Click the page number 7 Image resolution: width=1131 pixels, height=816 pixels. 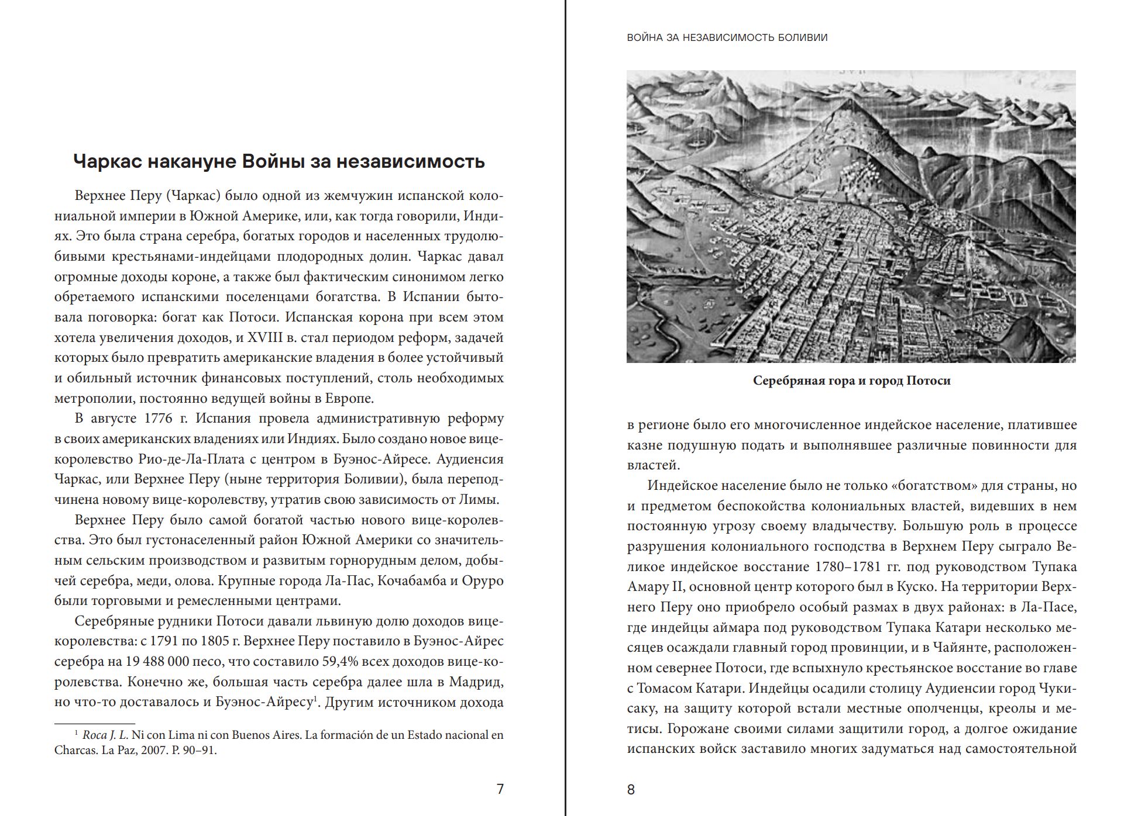[x=500, y=789]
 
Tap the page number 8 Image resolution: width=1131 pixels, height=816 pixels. [x=631, y=790]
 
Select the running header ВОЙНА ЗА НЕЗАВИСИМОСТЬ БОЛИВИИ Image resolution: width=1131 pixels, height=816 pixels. [x=727, y=37]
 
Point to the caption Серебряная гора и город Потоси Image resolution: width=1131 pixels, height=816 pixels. [x=851, y=381]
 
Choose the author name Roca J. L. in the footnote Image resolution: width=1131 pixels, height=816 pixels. [x=105, y=735]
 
